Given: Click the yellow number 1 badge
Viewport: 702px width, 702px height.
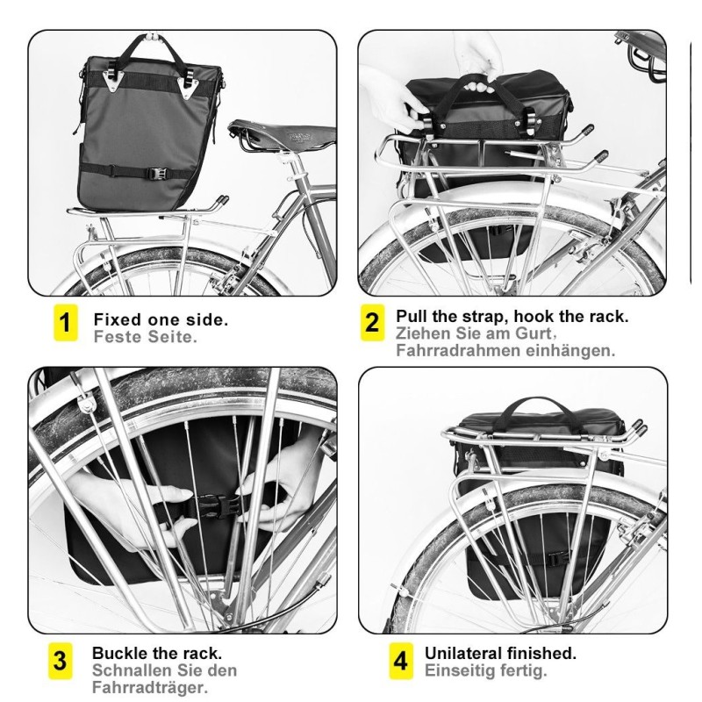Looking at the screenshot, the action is (x=65, y=322).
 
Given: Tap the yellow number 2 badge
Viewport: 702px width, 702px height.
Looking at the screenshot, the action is (x=372, y=322).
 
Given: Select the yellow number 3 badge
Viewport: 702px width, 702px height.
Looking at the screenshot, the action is (x=60, y=661).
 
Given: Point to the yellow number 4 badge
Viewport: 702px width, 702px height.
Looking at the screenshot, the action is (x=401, y=661).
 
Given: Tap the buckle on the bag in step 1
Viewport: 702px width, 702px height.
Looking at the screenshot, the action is (x=158, y=173).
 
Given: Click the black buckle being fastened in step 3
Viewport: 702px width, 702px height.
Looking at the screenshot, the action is (x=215, y=506).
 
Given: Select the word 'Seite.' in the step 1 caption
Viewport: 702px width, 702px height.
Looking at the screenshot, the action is (x=172, y=337).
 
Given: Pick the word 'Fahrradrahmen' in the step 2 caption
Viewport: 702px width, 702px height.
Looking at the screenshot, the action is (x=458, y=350).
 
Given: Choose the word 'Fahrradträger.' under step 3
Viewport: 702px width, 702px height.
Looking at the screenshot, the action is (x=150, y=687).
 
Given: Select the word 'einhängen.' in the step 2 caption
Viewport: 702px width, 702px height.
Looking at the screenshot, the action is (x=570, y=350).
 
